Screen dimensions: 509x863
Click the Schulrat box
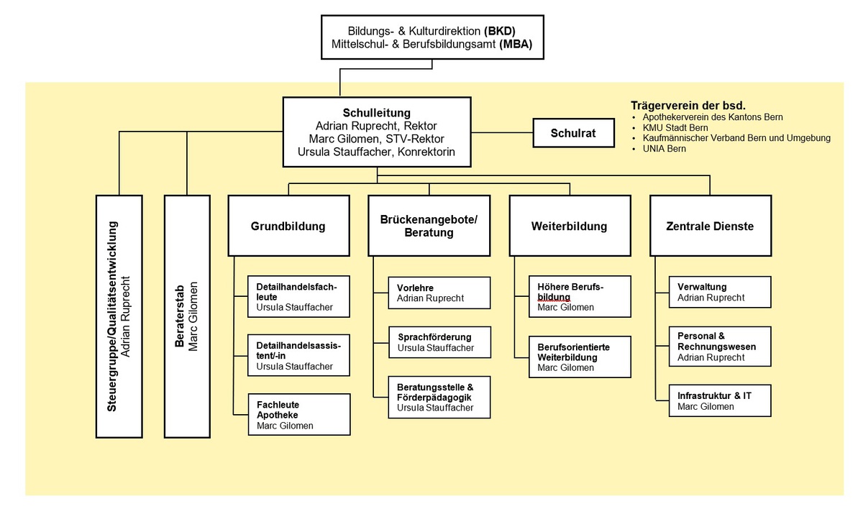click(x=574, y=133)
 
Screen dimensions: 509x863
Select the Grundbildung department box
click(x=288, y=226)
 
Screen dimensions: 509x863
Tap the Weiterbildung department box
click(x=569, y=226)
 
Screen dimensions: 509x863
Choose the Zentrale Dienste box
click(x=710, y=226)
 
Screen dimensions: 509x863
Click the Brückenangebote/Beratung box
click(x=429, y=226)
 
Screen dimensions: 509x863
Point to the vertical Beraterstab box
click(x=187, y=316)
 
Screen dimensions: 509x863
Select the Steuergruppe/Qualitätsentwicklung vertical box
click(x=120, y=316)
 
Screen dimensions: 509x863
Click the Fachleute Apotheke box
click(x=298, y=415)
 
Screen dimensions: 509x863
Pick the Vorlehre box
click(x=439, y=293)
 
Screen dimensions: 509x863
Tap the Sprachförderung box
click(x=439, y=343)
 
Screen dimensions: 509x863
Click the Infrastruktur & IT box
click(x=719, y=401)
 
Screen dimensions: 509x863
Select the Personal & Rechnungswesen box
click(x=719, y=347)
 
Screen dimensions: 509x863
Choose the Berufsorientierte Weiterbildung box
click(x=580, y=357)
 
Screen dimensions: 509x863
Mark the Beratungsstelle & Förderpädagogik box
click(x=439, y=397)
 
